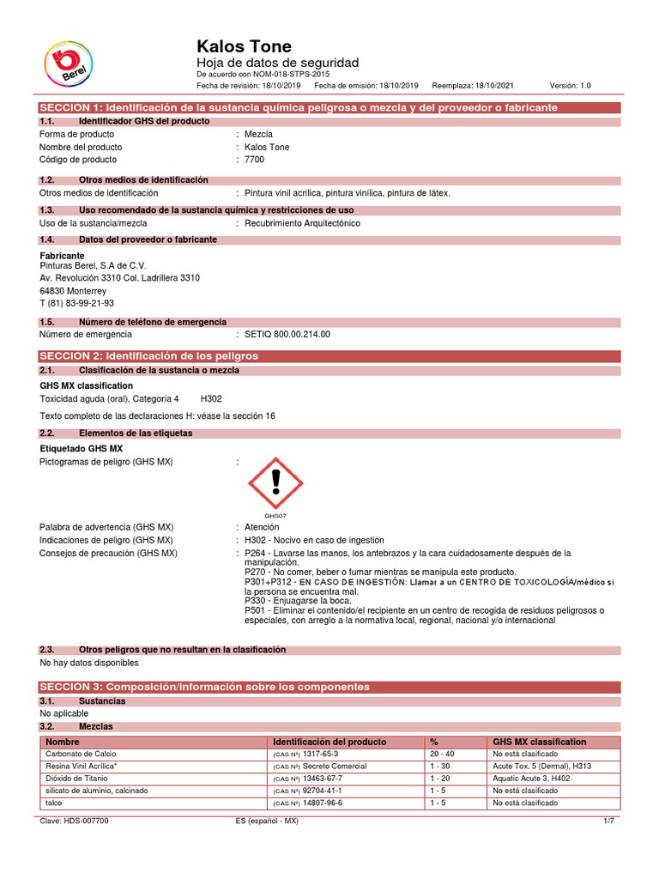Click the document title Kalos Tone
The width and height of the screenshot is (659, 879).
tap(245, 46)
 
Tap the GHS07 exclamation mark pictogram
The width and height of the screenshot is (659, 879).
tap(275, 483)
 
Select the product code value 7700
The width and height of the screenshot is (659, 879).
tap(256, 160)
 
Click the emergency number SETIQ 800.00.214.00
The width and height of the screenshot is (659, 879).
tap(287, 334)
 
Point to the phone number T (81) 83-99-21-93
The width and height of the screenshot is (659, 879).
tap(77, 303)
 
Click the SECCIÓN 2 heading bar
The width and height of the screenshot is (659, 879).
tap(329, 355)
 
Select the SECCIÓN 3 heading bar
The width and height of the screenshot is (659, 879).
tap(329, 687)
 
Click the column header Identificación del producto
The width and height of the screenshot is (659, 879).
tap(329, 742)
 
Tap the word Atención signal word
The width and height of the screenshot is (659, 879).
tap(262, 527)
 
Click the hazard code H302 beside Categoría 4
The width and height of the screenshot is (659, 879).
tap(211, 399)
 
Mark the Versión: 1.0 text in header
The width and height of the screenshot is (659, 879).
tap(570, 86)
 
